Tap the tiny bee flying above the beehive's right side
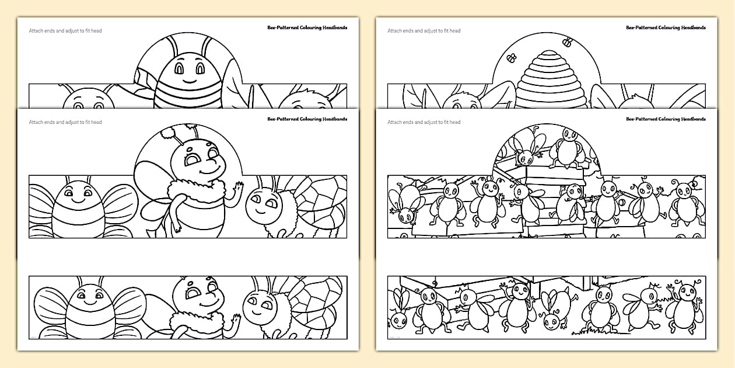click(x=566, y=41)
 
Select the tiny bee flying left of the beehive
click(x=512, y=58)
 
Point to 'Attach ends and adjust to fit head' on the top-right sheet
click(x=423, y=31)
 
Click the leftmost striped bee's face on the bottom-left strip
click(x=86, y=296)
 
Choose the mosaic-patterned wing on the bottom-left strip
click(x=315, y=298)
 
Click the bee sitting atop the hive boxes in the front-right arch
click(x=565, y=149)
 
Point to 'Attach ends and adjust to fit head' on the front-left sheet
click(x=65, y=122)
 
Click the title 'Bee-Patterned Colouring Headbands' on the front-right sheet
click(x=666, y=119)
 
